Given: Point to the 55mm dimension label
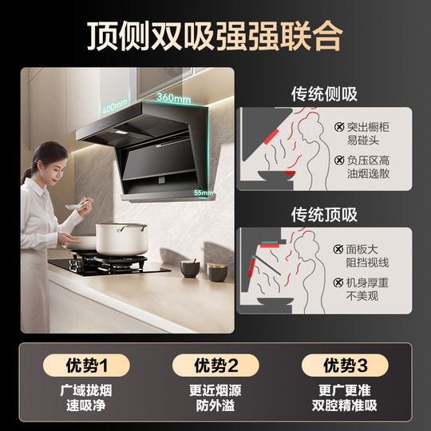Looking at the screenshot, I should [x=204, y=192].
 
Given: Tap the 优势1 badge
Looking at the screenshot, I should [x=83, y=366].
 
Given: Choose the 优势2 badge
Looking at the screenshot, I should [x=215, y=366].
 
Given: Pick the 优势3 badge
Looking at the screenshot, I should [x=345, y=366].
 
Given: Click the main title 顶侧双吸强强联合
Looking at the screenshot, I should [x=215, y=34].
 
